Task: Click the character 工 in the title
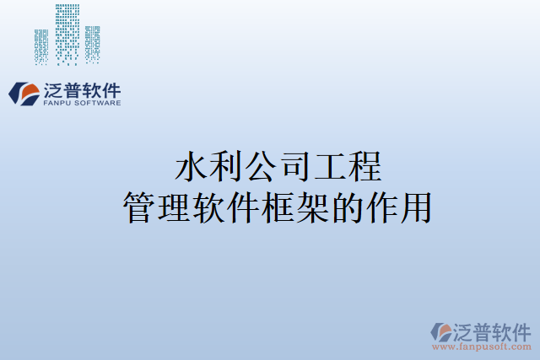click(x=331, y=166)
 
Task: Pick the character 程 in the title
click(x=365, y=166)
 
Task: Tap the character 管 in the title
click(x=138, y=207)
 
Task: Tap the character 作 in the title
click(x=384, y=207)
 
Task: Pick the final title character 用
click(x=418, y=207)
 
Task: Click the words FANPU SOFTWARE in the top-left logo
click(x=81, y=103)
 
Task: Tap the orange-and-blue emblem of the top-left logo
click(x=24, y=93)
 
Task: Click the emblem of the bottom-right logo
click(x=441, y=330)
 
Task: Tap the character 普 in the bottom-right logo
click(x=486, y=330)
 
